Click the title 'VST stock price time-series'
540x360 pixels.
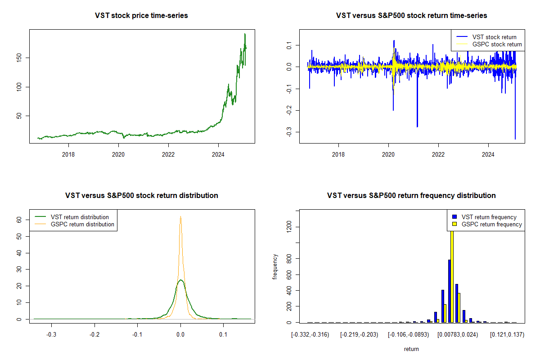pyautogui.click(x=141, y=16)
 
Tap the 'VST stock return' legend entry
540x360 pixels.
pyautogui.click(x=494, y=37)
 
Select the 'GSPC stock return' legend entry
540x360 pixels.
pyautogui.click(x=497, y=44)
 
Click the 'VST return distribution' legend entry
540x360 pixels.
pyautogui.click(x=80, y=217)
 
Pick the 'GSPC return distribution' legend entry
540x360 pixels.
pyautogui.click(x=82, y=224)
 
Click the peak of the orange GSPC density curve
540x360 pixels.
pyautogui.click(x=180, y=217)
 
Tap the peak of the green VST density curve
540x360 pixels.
pyautogui.click(x=180, y=280)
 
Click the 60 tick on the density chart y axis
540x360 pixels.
pyautogui.click(x=19, y=219)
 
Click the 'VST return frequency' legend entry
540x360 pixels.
pyautogui.click(x=492, y=217)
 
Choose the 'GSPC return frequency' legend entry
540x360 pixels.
pyautogui.click(x=495, y=224)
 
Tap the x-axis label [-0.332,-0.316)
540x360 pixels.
pyautogui.click(x=310, y=335)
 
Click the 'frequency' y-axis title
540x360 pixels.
pyautogui.click(x=275, y=266)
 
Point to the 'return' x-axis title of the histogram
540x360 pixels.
pyautogui.click(x=411, y=349)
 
